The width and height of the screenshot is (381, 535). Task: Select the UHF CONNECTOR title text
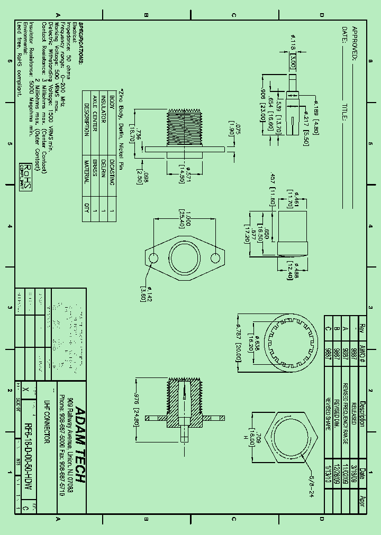coord(46,428)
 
